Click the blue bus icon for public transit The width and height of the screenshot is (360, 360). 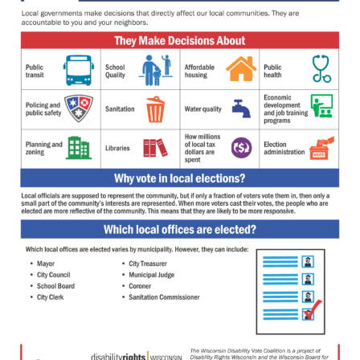(x=78, y=71)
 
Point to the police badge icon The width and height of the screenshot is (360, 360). (x=78, y=108)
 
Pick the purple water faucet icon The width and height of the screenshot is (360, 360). (x=240, y=108)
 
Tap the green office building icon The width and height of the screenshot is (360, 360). (x=78, y=148)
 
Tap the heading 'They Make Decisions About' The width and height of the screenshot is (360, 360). (x=180, y=41)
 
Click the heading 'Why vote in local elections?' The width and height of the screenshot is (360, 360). (x=180, y=178)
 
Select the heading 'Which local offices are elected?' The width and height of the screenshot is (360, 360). (x=180, y=229)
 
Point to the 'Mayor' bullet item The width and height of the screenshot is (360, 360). (x=46, y=264)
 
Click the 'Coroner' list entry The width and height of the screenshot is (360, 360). (x=140, y=286)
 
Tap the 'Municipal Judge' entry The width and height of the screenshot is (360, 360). (x=152, y=275)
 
